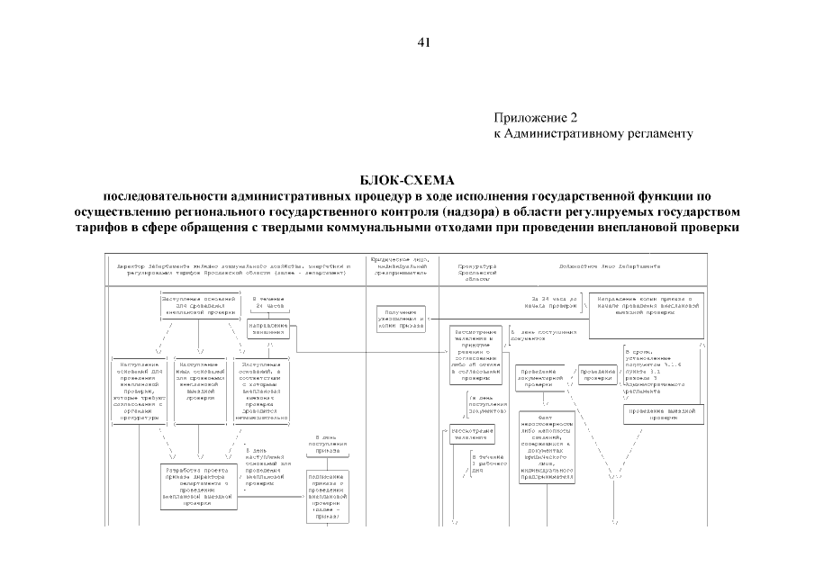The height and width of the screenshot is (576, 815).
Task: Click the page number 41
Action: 424,42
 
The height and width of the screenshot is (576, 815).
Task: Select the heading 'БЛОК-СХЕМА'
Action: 407,180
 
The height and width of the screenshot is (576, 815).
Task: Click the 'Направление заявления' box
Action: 267,328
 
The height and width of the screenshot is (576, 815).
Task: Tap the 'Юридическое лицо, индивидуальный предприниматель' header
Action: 402,267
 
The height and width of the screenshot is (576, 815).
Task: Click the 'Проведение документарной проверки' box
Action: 543,377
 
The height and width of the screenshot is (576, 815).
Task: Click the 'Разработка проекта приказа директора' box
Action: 197,487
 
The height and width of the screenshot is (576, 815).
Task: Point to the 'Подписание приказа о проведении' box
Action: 327,494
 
